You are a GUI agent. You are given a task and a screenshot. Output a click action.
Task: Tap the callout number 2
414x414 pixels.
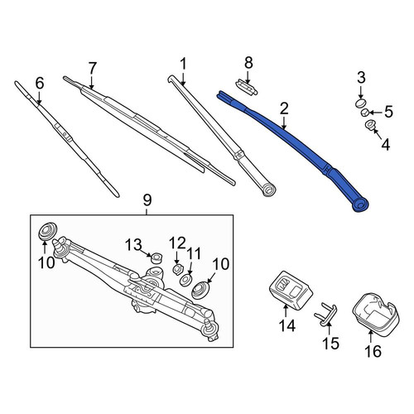pyautogui.click(x=284, y=108)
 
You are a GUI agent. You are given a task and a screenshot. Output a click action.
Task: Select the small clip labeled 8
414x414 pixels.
pyautogui.click(x=246, y=87)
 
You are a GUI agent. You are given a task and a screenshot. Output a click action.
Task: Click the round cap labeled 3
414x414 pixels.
pyautogui.click(x=360, y=103)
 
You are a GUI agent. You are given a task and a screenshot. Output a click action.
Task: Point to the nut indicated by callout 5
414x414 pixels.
pyautogui.click(x=365, y=113)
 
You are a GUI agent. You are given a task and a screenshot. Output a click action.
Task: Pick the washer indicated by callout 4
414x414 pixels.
pyautogui.click(x=369, y=125)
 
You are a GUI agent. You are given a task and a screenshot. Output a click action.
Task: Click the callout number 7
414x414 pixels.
pyautogui.click(x=93, y=68)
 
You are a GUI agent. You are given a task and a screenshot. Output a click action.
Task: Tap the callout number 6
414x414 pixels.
pyautogui.click(x=40, y=84)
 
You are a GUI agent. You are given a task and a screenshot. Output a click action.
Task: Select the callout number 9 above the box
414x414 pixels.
pyautogui.click(x=147, y=200)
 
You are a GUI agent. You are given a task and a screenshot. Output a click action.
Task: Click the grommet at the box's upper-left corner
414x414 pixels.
pyautogui.click(x=47, y=230)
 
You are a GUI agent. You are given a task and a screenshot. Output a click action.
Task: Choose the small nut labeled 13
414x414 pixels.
pyautogui.click(x=156, y=258)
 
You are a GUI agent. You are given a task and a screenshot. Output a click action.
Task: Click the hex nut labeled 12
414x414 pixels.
pyautogui.click(x=176, y=269)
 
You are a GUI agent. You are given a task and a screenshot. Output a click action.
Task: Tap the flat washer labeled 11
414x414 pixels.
pyautogui.click(x=185, y=280)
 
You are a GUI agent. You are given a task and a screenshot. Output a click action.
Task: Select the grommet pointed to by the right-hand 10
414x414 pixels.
pyautogui.click(x=200, y=290)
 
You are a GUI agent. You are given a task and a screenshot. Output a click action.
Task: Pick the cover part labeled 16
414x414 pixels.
pyautogui.click(x=376, y=315)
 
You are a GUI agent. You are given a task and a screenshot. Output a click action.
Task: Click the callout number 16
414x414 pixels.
pyautogui.click(x=373, y=351)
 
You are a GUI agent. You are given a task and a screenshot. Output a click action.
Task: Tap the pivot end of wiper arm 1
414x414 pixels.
pyautogui.click(x=268, y=190)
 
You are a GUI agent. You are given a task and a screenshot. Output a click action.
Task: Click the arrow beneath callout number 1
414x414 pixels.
pyautogui.click(x=183, y=78)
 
